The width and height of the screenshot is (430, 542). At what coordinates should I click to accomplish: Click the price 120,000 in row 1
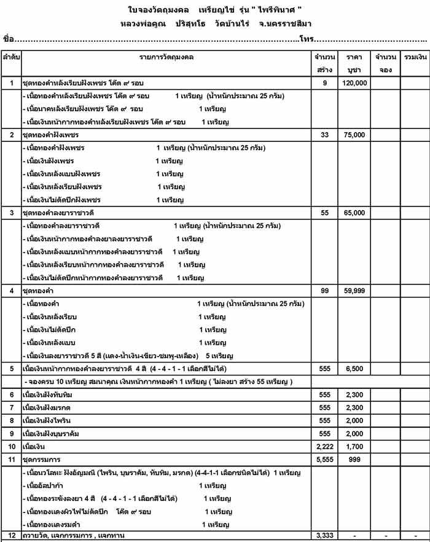[x=354, y=82]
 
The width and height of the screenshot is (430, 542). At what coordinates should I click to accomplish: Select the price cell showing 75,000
[x=354, y=135]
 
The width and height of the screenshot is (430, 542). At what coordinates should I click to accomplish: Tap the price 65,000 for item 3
[x=354, y=213]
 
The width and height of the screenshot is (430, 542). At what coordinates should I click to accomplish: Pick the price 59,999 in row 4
[x=354, y=290]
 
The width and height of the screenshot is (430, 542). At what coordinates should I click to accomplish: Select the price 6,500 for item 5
[x=354, y=369]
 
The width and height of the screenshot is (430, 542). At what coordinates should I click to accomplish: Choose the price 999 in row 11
[x=354, y=459]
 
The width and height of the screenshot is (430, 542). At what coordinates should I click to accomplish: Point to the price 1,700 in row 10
[x=354, y=446]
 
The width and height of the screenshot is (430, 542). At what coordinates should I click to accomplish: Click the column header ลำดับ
[x=11, y=57]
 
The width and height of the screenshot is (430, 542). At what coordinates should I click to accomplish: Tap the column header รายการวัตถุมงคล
[x=166, y=57]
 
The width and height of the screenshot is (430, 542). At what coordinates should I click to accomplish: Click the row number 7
[x=11, y=407]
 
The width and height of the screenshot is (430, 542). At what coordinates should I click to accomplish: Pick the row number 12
[x=11, y=536]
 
